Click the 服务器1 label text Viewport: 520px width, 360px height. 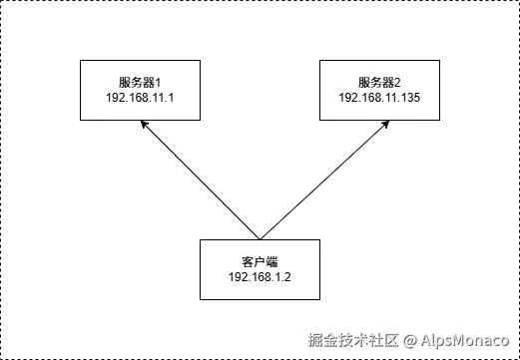coord(139,82)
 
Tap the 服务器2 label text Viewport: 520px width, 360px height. coord(378,82)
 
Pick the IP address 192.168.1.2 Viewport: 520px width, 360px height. coord(259,277)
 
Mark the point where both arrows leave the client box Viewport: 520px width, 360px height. coord(260,239)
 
